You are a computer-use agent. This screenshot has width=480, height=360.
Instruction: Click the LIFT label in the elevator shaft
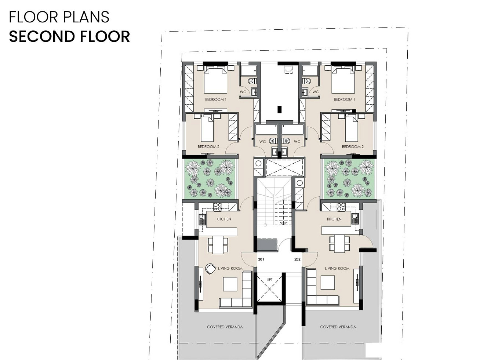269,280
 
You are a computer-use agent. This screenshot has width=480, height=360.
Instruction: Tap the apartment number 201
261,259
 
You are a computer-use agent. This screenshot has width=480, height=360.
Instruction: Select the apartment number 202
297,259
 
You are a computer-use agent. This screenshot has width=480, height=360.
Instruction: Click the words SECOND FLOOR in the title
69,36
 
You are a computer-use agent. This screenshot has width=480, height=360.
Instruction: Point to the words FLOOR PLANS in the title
59,17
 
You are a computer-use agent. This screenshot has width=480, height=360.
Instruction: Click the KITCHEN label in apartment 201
224,219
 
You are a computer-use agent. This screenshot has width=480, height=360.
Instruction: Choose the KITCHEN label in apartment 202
334,219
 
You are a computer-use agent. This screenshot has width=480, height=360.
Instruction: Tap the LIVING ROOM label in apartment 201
230,268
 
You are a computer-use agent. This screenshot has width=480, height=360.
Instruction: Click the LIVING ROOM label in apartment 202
337,268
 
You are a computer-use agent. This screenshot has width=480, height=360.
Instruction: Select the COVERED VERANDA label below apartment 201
225,327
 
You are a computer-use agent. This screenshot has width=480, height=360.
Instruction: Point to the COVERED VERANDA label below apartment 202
338,327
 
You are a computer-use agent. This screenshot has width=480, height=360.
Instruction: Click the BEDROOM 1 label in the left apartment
216,99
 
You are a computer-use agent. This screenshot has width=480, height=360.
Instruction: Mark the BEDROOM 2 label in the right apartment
353,147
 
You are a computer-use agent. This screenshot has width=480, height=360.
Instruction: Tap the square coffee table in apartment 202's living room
328,283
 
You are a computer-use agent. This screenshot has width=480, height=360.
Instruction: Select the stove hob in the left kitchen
218,207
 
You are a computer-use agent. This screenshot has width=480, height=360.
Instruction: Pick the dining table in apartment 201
218,245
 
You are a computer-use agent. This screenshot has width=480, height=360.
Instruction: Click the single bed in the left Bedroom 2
54,128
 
